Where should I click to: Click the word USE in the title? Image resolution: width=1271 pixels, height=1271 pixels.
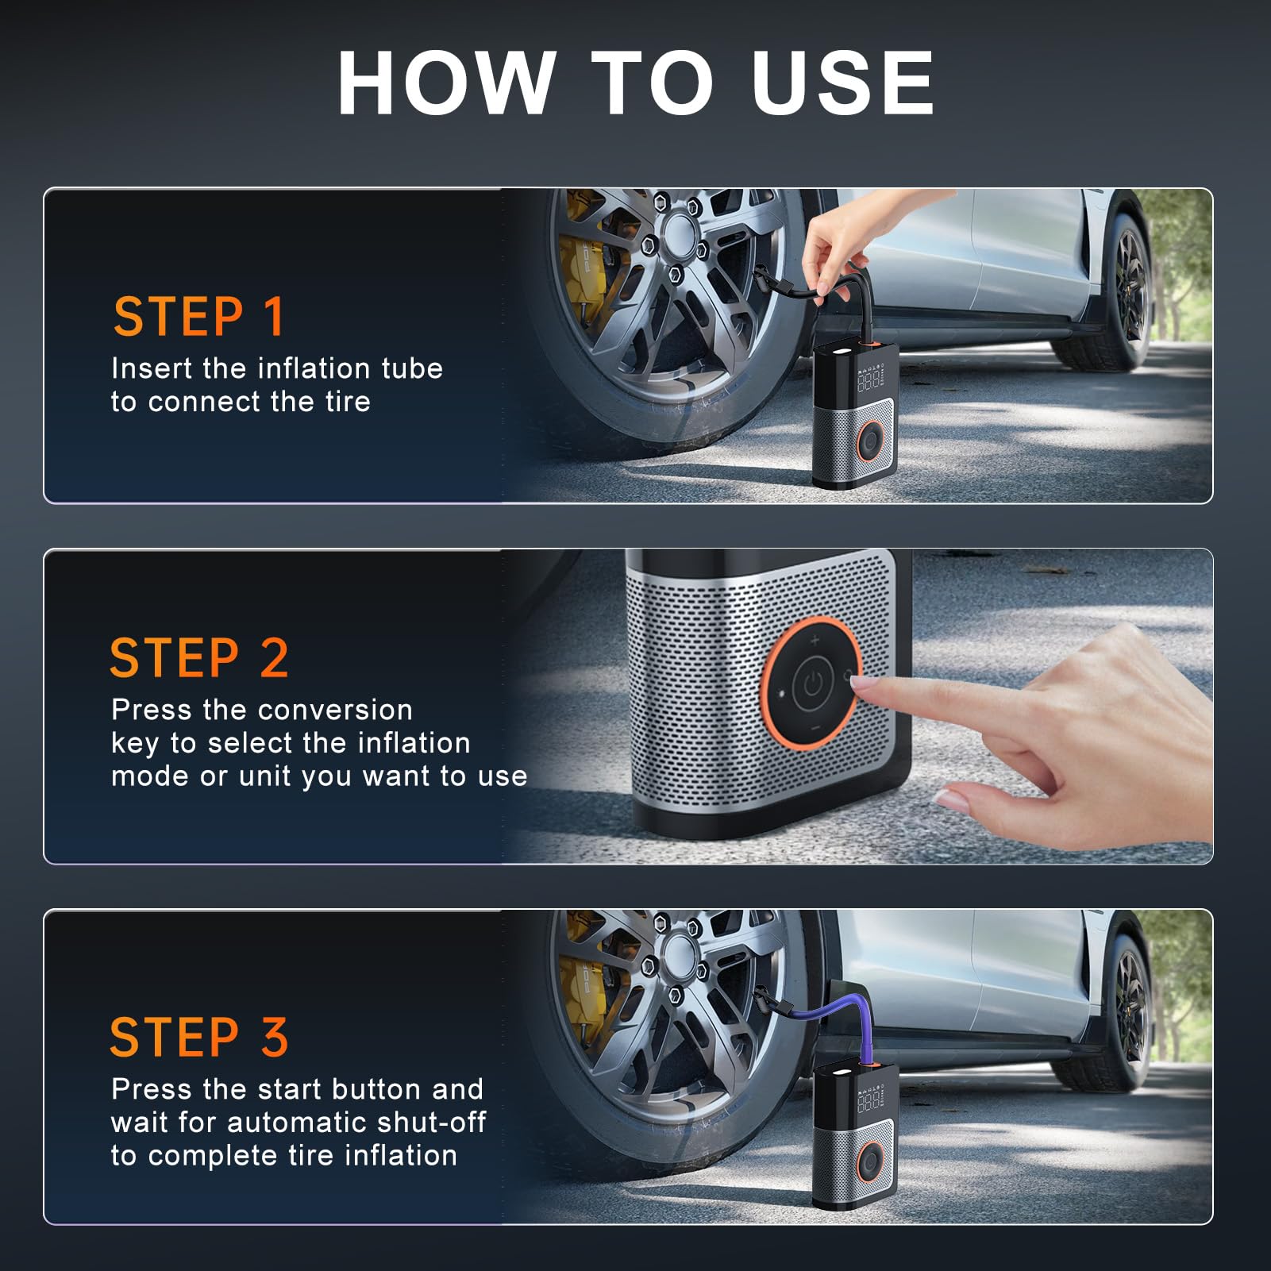pos(842,83)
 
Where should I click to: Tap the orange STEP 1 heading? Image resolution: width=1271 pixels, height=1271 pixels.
pos(198,317)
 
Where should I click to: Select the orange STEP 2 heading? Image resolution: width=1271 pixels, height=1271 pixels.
pos(199,658)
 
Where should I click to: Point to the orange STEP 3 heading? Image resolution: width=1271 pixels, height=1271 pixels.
pos(199,1037)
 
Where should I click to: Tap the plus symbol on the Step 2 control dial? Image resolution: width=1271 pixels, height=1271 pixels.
pos(815,640)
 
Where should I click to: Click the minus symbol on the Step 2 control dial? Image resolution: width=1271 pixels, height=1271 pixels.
pos(814,728)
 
